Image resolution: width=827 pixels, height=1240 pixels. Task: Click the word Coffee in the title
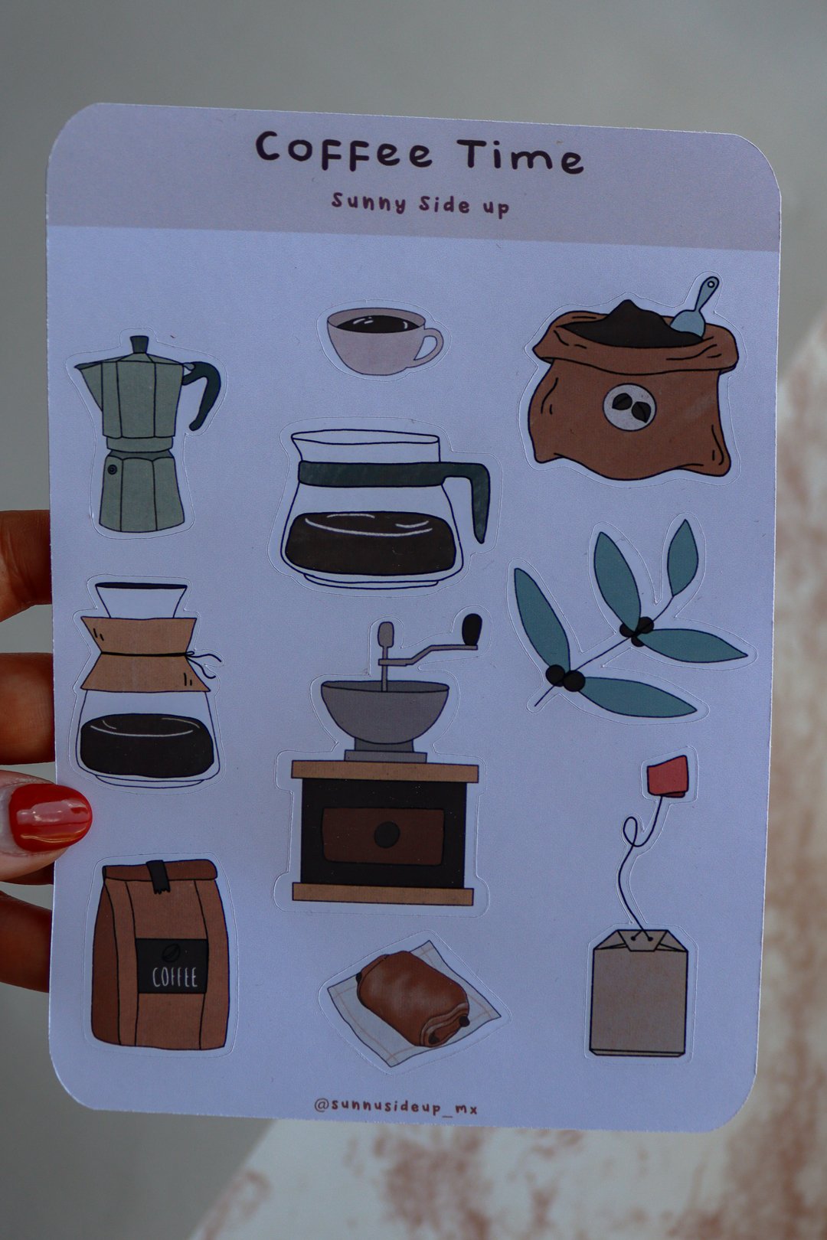coord(343,150)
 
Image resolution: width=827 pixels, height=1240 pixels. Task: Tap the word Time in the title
coord(521,155)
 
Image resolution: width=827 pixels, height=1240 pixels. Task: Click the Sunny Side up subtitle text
coord(420,204)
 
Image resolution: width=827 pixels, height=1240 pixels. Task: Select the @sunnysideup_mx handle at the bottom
coord(395,1106)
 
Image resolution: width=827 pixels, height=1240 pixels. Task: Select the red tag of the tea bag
coord(668,777)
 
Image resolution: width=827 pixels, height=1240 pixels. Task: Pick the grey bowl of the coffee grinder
coord(384,710)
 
